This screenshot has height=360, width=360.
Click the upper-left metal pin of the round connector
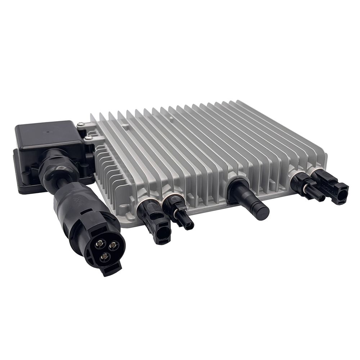(98, 245)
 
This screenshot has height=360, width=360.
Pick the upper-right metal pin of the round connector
(113, 246)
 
